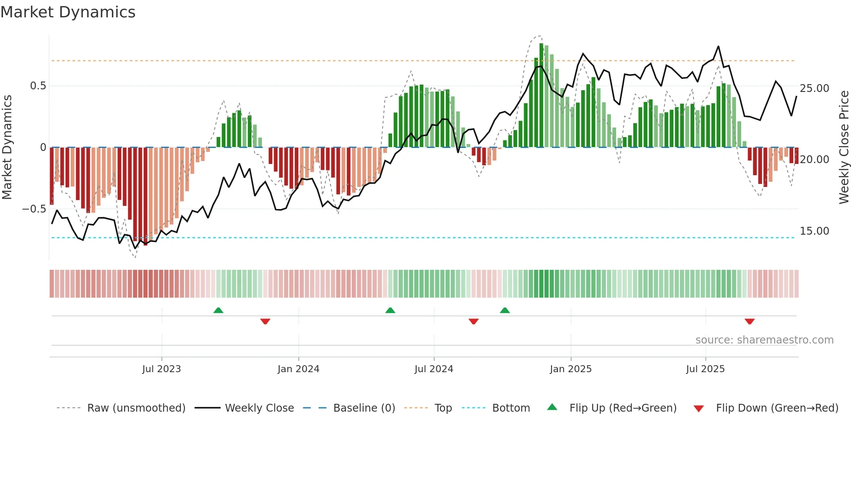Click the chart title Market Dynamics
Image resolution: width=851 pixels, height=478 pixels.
pos(68,12)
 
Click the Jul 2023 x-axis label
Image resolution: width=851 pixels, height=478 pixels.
pos(162,369)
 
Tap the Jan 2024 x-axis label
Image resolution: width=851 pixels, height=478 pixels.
pos(298,369)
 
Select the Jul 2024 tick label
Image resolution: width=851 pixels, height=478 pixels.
pos(434,369)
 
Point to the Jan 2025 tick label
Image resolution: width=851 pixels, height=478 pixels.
pos(571,369)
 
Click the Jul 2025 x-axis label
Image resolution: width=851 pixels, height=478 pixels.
pos(706,369)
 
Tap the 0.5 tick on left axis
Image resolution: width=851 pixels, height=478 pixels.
pos(38,86)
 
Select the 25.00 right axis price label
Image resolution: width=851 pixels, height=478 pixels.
pos(815,88)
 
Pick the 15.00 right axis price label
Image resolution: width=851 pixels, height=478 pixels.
pos(815,231)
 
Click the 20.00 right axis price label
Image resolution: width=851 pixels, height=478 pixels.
pos(815,160)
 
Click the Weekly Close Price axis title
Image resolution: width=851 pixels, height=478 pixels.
pos(844,147)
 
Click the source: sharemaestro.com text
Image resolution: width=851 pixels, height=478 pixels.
pos(764,340)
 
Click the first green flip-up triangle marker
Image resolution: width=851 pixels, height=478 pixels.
pos(218,310)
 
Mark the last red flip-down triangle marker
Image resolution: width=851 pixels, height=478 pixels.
pos(749,321)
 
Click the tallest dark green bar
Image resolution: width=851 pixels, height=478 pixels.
pos(541,95)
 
